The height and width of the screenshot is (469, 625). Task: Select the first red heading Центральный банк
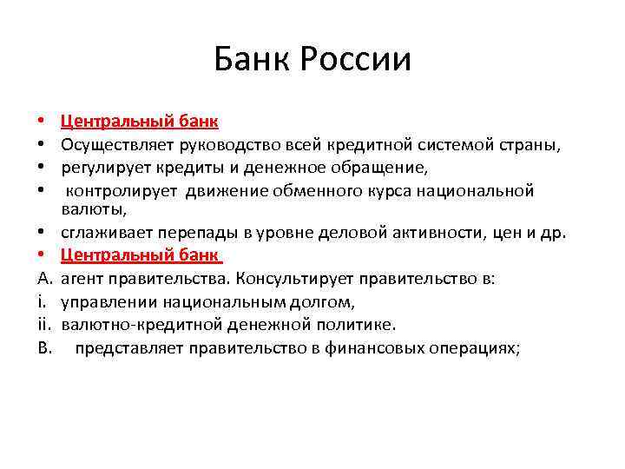(x=140, y=120)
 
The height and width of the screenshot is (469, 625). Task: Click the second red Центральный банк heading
(x=140, y=255)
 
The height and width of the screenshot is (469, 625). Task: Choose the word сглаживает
(x=102, y=233)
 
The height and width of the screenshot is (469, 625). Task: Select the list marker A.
(x=44, y=279)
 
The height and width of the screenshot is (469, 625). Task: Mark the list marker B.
(x=44, y=347)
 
